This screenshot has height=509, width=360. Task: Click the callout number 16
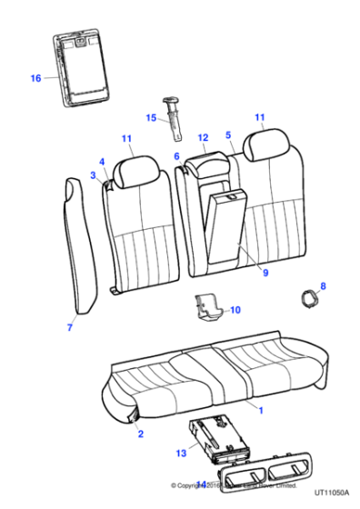[x=35, y=78]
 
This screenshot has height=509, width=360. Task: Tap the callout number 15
[x=151, y=117]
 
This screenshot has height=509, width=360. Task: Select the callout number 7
[x=70, y=326]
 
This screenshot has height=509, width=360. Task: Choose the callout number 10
[x=235, y=310]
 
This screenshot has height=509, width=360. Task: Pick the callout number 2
[x=141, y=435]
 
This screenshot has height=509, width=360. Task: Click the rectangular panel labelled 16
[x=80, y=69]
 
